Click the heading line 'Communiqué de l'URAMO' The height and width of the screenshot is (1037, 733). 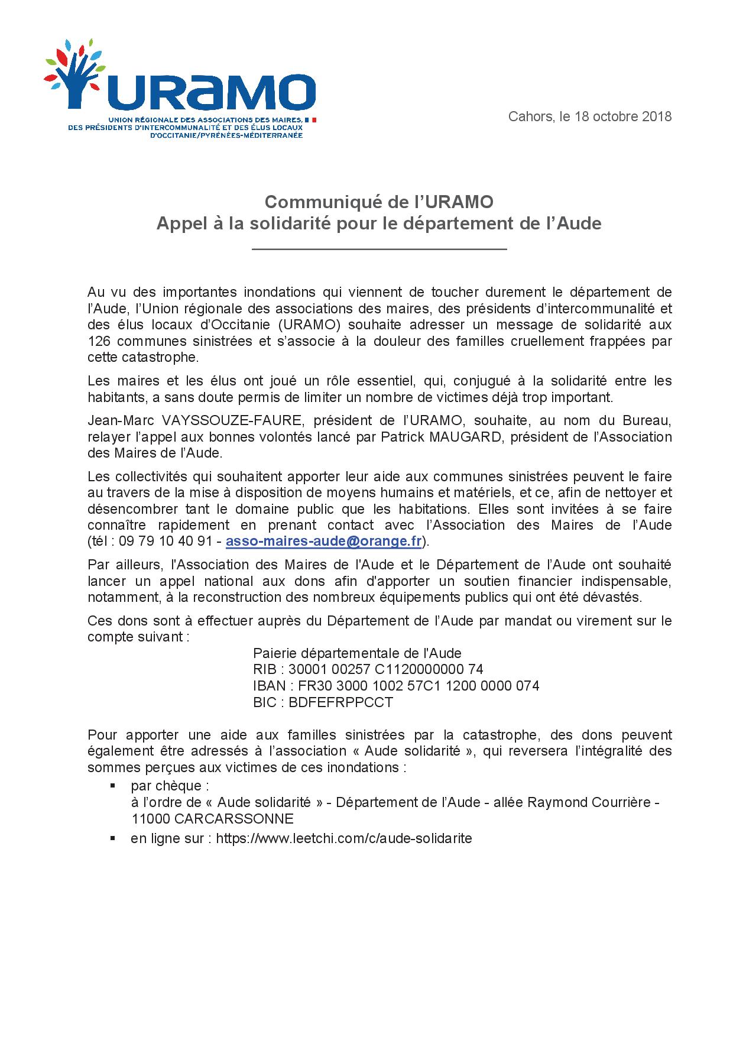click(x=378, y=202)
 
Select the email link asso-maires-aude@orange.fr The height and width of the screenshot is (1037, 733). click(x=323, y=542)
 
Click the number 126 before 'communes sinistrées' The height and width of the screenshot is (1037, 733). click(x=98, y=341)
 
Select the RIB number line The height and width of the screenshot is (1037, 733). click(x=368, y=669)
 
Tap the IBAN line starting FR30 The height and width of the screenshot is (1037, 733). click(x=396, y=686)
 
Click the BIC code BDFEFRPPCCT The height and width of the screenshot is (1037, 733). click(x=341, y=702)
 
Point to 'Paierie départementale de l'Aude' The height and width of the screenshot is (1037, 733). click(x=357, y=653)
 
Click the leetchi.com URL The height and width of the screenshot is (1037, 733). click(x=343, y=838)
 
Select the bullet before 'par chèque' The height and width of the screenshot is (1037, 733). click(x=112, y=786)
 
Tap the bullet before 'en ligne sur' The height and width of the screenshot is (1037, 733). click(x=112, y=838)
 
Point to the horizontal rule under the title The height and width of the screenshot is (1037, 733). click(x=379, y=250)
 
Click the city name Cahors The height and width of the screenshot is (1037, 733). click(x=530, y=116)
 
